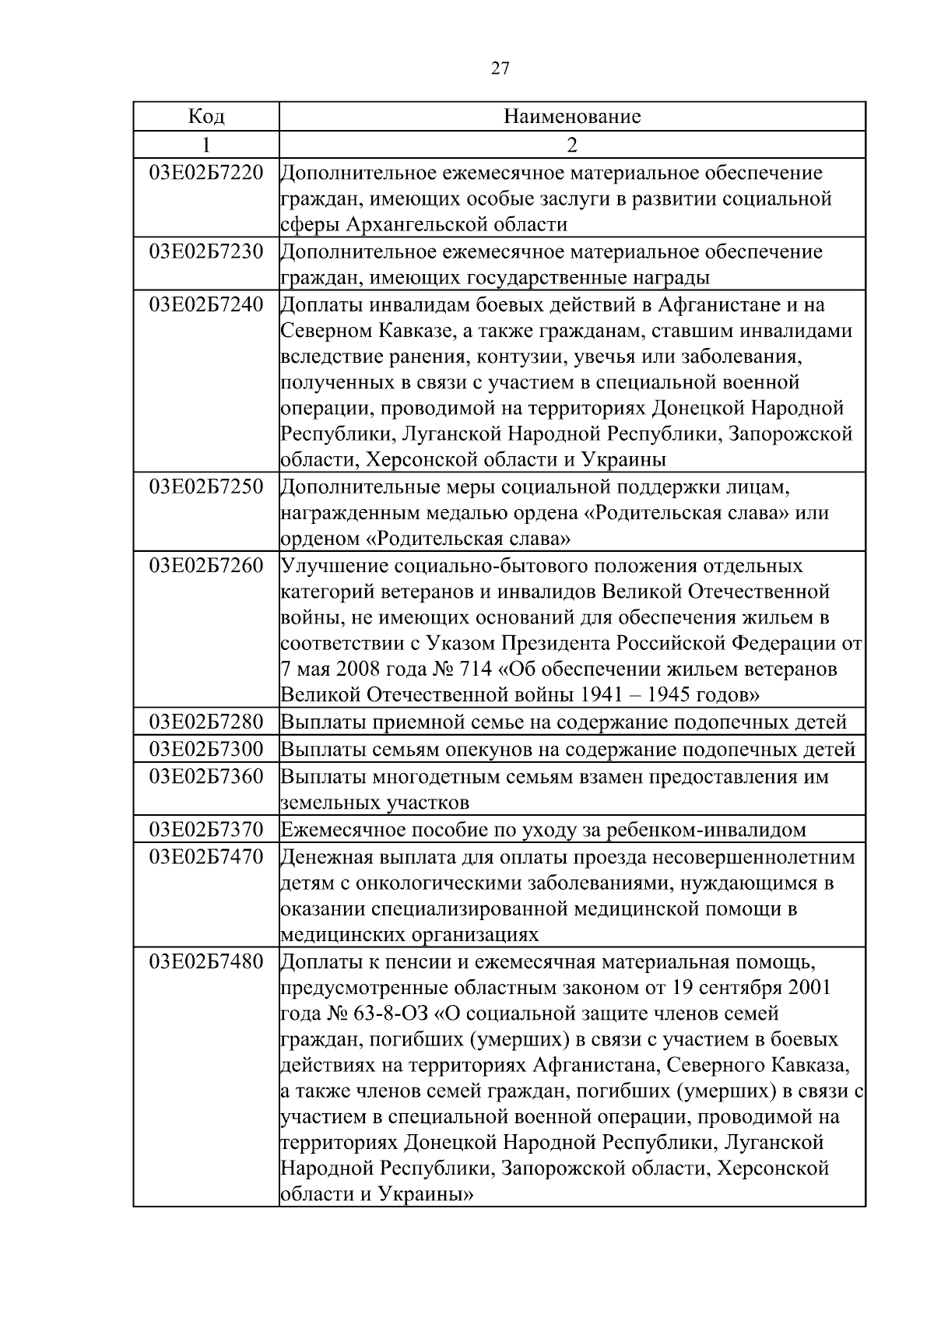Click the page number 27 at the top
tap(500, 69)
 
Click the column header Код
tap(206, 117)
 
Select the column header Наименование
tap(572, 117)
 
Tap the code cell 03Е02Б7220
tap(206, 172)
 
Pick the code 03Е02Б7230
tap(206, 251)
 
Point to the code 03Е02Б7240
tap(206, 304)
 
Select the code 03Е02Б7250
tap(206, 487)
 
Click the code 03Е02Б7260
tap(206, 565)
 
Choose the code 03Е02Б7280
tap(206, 722)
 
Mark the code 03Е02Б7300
tap(206, 750)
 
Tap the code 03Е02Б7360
tap(206, 776)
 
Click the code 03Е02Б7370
tap(206, 830)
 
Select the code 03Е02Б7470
tap(206, 857)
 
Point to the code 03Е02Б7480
tap(206, 961)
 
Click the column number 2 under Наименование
tap(572, 145)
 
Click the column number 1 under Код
tap(206, 145)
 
